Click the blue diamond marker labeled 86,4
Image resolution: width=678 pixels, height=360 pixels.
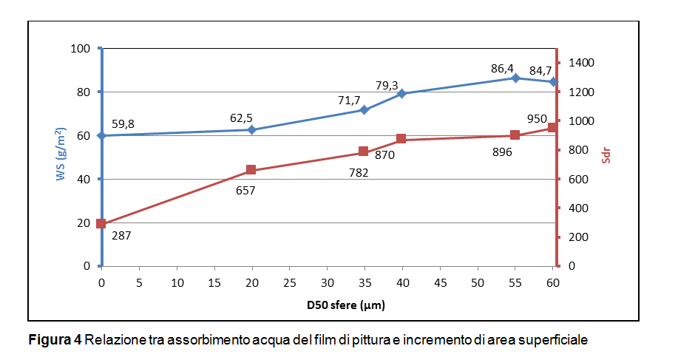tap(515, 78)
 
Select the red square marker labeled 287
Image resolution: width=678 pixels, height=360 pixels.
tap(101, 223)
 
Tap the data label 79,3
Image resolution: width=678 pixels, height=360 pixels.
tap(387, 85)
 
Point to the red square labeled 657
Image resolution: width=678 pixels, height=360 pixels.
tap(251, 170)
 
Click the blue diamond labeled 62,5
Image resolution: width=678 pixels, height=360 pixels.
tap(251, 129)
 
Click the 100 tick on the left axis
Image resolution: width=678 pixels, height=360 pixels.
tap(79, 49)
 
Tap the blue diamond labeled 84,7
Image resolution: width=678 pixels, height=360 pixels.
tap(552, 81)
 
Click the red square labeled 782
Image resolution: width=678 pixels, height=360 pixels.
tap(364, 152)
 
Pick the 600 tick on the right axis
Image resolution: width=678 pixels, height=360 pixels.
tap(572, 180)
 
